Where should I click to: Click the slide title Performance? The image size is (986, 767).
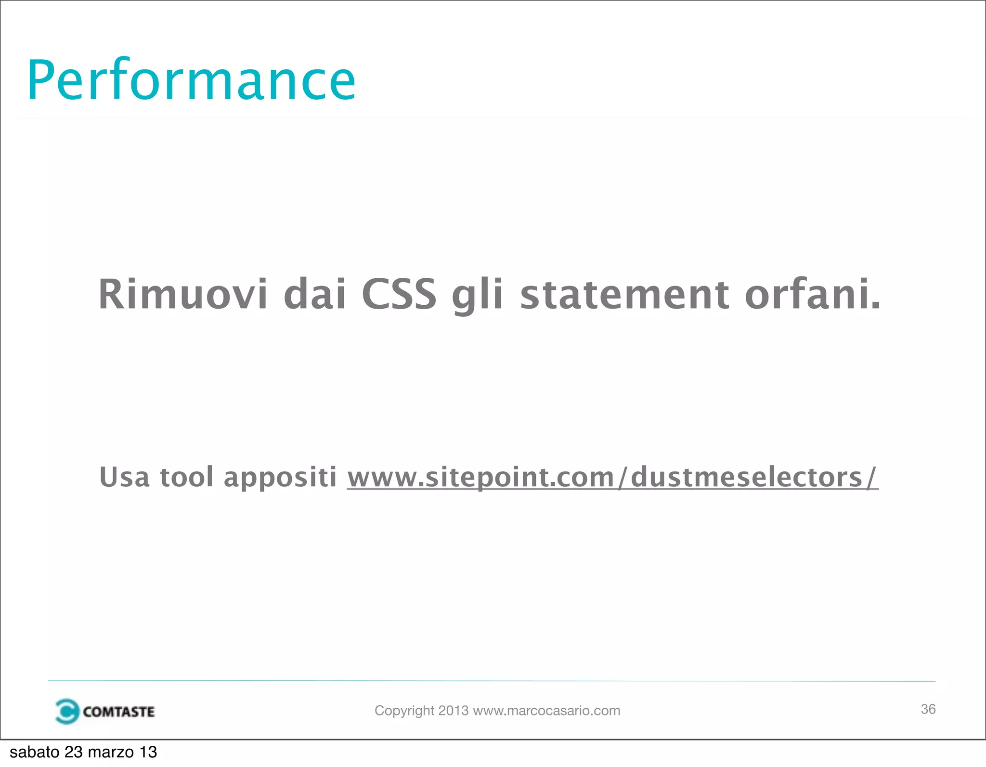coord(191,80)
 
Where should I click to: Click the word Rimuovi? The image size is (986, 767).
coord(182,294)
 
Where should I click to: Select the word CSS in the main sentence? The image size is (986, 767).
coord(399,294)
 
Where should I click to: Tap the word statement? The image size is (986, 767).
coord(624,294)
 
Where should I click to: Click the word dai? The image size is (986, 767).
coord(315,294)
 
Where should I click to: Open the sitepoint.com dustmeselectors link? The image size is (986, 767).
coord(612,477)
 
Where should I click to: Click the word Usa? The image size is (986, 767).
coord(124,477)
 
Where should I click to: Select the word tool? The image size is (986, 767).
coord(187,477)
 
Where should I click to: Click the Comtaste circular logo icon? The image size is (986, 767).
coord(66,711)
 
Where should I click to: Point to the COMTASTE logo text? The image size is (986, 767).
coord(118,712)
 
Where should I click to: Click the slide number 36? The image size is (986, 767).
coord(928,709)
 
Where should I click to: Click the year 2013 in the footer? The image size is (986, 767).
coord(453,711)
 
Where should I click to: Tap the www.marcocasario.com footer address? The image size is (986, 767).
coord(546,711)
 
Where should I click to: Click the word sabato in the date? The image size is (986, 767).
coord(34,752)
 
